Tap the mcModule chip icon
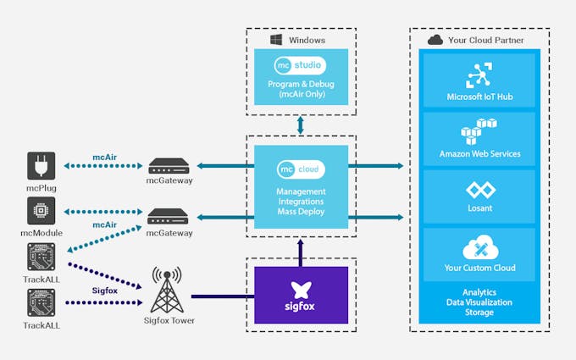tap(41, 211)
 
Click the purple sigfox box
tap(301, 294)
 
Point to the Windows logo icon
tap(275, 40)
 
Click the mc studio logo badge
tap(301, 66)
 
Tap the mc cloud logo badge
tap(301, 169)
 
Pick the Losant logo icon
tap(479, 190)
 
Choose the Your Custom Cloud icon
tap(479, 248)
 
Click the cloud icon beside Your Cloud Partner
tap(435, 40)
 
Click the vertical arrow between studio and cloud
tap(301, 124)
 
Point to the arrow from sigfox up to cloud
tap(301, 249)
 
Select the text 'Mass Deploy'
tap(301, 212)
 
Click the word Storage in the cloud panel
tap(479, 313)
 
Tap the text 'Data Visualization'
tap(479, 302)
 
